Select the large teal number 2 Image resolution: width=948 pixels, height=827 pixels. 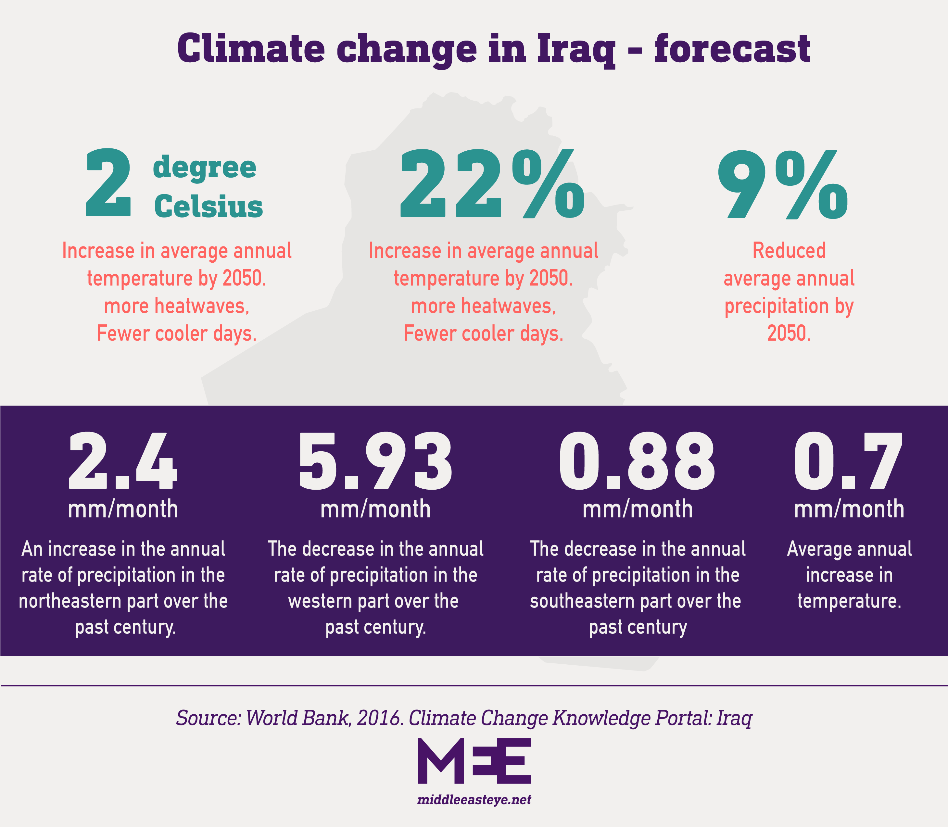point(108,183)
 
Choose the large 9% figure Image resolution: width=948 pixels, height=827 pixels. point(783,185)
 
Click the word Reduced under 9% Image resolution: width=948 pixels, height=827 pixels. point(789,251)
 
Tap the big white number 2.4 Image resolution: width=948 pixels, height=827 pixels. point(123,461)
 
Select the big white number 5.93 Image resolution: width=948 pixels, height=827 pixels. point(375,461)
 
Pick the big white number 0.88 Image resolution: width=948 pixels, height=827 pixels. point(638,461)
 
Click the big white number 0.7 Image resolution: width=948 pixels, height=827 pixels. point(848,461)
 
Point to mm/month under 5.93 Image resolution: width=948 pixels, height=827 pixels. point(375,509)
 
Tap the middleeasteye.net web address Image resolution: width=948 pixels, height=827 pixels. point(474,799)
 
